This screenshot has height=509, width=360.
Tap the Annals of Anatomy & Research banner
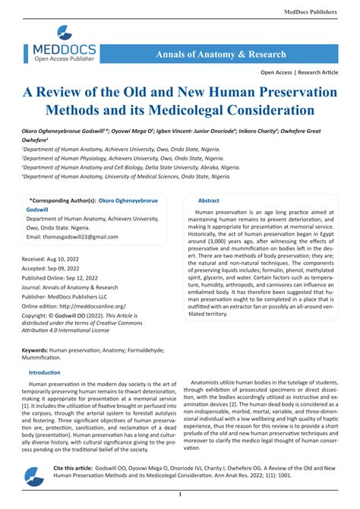(221, 55)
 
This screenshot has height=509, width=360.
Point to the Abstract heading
(209, 201)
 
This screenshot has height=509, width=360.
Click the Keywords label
(40, 349)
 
